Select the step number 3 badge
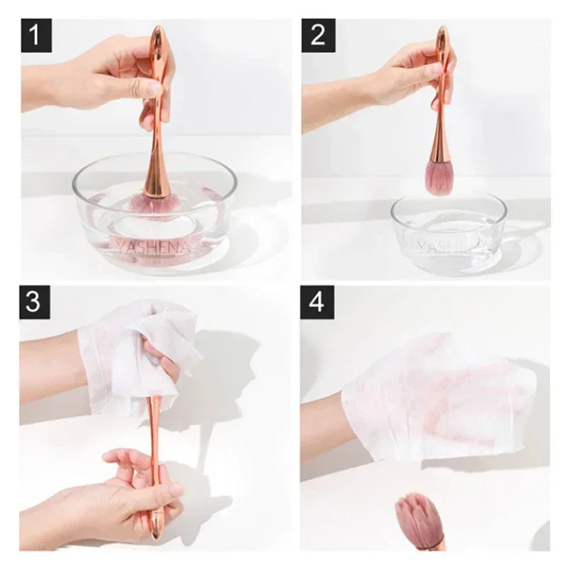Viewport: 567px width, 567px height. (33, 302)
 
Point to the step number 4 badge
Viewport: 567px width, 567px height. (317, 302)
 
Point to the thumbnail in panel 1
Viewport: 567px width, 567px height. (153, 89)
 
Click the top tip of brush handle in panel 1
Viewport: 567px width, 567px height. (158, 32)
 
